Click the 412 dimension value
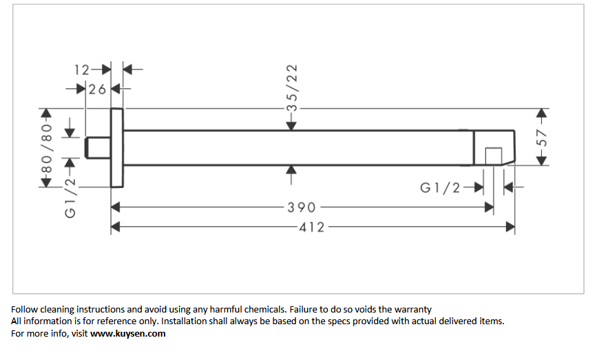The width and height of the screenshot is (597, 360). (312, 227)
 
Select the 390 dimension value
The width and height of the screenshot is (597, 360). (302, 207)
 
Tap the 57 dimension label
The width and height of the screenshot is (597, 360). (541, 138)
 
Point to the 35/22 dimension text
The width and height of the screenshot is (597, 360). (292, 88)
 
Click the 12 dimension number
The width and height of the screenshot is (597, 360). (82, 70)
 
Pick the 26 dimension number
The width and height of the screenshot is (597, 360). (97, 89)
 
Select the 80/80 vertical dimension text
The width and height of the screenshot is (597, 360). (46, 149)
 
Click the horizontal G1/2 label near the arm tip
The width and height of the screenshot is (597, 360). (440, 188)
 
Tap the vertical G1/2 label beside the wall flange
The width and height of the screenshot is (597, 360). (70, 198)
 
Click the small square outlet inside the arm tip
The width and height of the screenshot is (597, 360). (494, 156)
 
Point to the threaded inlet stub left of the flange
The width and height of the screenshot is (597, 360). (98, 148)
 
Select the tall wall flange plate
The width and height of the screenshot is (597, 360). (117, 148)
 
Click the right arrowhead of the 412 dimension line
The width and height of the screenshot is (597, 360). (510, 227)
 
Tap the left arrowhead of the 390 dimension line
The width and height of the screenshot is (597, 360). (116, 207)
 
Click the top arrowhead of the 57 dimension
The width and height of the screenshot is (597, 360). (541, 113)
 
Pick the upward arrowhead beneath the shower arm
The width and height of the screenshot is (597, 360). (291, 170)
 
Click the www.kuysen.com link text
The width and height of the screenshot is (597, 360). (128, 334)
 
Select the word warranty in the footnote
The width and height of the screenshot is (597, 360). (412, 309)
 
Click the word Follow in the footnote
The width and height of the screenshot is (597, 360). (24, 309)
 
